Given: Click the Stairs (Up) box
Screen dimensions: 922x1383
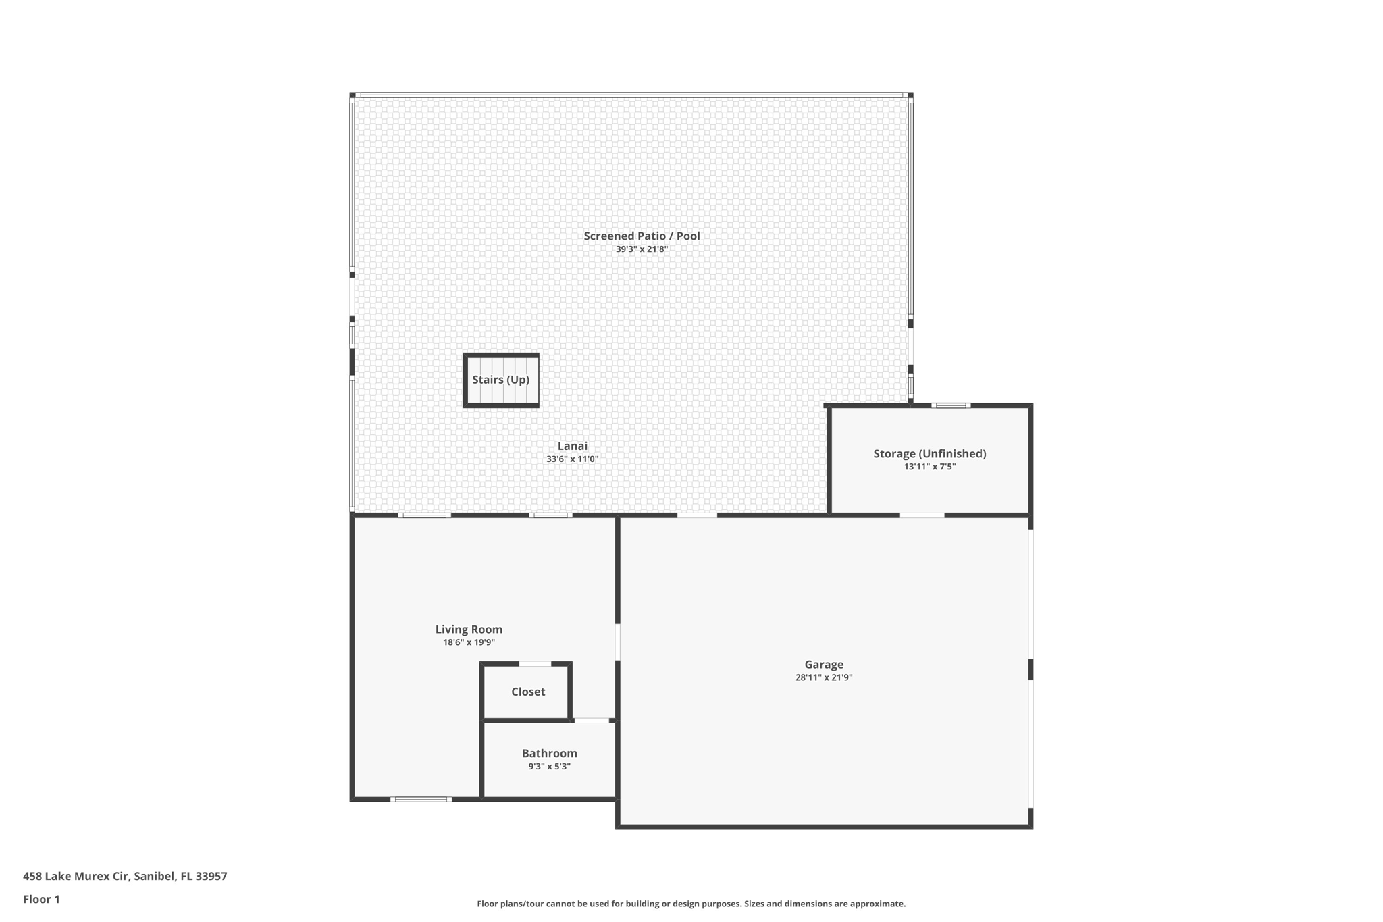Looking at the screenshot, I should point(500,380).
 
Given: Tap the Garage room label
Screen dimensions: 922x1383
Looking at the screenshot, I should point(823,665).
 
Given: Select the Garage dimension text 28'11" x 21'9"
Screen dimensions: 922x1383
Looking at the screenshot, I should point(823,677).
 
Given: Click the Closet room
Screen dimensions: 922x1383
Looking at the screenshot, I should point(527,692).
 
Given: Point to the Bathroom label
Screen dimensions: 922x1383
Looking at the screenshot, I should point(549,753).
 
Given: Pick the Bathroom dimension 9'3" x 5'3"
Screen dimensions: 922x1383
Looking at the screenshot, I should point(549,767).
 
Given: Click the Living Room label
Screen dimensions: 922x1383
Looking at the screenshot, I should point(469,630).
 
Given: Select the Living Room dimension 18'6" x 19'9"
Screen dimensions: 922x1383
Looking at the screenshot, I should point(469,643).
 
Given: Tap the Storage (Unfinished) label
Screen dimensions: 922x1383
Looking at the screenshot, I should point(929,454).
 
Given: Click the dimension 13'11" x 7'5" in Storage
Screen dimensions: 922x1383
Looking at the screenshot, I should point(929,467).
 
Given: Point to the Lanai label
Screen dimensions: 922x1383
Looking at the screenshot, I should point(572,446).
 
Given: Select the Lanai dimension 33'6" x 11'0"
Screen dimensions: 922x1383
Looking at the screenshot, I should point(572,459).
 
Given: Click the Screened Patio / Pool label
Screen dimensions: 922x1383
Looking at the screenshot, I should point(642,236).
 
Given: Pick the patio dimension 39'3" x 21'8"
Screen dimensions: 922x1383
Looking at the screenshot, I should point(642,249).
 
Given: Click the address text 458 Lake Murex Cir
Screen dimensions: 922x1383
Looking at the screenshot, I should point(125,877).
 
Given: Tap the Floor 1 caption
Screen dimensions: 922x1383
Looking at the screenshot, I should point(41,900).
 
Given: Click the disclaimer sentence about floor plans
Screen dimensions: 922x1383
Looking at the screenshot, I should point(691,904).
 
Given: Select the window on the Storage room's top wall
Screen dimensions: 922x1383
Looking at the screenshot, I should point(951,405).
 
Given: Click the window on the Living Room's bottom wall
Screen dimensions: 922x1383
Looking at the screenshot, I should point(421,800).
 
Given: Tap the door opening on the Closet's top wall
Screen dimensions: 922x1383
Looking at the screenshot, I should point(535,664).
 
